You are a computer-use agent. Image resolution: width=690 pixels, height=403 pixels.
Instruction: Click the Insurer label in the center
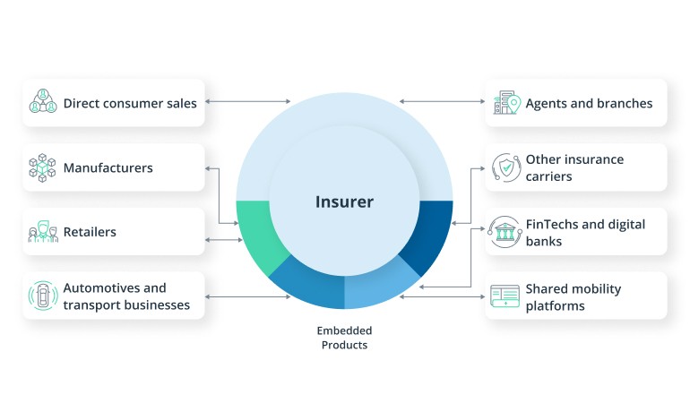pyautogui.click(x=344, y=201)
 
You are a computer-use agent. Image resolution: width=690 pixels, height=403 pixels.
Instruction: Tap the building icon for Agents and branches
pyautogui.click(x=505, y=103)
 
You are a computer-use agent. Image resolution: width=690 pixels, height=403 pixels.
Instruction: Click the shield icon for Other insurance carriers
pyautogui.click(x=505, y=167)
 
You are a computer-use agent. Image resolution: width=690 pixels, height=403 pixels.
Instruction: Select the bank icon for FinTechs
pyautogui.click(x=505, y=232)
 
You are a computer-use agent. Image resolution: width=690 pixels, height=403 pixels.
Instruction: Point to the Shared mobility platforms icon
pyautogui.click(x=505, y=296)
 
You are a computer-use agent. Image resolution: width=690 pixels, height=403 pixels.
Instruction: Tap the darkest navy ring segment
pyautogui.click(x=428, y=235)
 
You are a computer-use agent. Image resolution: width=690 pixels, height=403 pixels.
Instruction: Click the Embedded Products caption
pyautogui.click(x=344, y=338)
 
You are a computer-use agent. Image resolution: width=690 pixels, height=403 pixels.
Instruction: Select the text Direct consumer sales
pyautogui.click(x=130, y=103)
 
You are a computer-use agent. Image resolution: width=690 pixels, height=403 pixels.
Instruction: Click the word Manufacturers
pyautogui.click(x=108, y=167)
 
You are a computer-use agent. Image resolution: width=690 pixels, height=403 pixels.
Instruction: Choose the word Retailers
pyautogui.click(x=90, y=232)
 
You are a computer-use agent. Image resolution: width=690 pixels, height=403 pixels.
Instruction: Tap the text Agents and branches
pyautogui.click(x=589, y=103)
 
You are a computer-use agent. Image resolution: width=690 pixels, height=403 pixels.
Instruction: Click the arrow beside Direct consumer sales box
pyautogui.click(x=248, y=102)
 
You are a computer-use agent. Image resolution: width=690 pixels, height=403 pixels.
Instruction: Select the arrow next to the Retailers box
pyautogui.click(x=222, y=239)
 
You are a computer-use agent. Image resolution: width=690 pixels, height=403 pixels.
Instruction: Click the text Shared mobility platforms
pyautogui.click(x=574, y=297)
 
